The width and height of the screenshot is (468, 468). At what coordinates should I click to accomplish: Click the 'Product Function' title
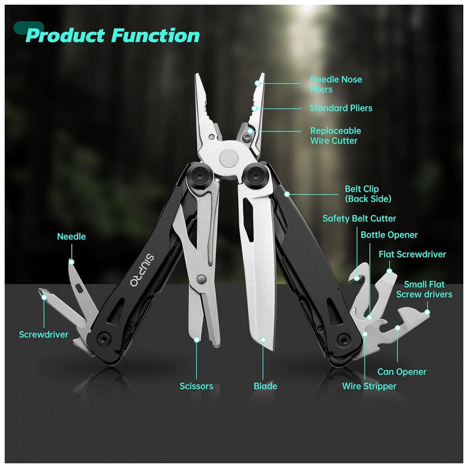[112, 36]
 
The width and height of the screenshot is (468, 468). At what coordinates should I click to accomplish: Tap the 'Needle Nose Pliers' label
[336, 84]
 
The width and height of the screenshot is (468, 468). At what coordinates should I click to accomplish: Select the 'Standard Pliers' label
[341, 108]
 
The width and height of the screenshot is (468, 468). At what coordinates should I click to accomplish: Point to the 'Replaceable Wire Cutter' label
[335, 136]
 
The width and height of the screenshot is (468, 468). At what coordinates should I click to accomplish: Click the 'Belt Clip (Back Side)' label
[368, 194]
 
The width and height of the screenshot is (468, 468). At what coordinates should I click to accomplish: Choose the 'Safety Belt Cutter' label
[359, 219]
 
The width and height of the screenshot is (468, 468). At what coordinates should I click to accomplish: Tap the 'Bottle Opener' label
[389, 235]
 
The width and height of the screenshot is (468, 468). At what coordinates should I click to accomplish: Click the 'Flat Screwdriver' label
[412, 255]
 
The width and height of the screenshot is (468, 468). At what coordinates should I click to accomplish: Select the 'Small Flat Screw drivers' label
[424, 289]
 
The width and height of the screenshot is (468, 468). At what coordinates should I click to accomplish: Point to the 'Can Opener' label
[402, 372]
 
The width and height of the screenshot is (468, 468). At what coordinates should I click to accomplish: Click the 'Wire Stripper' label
[369, 386]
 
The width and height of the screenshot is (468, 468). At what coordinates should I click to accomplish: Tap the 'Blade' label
[265, 386]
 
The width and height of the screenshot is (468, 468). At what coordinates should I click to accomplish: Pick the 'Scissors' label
[196, 386]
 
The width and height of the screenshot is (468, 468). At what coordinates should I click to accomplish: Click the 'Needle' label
[71, 236]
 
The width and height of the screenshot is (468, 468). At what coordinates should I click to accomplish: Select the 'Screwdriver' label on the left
[44, 335]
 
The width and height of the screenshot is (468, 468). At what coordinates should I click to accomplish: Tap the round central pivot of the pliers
[229, 158]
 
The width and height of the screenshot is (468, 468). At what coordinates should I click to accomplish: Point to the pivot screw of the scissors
[202, 279]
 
